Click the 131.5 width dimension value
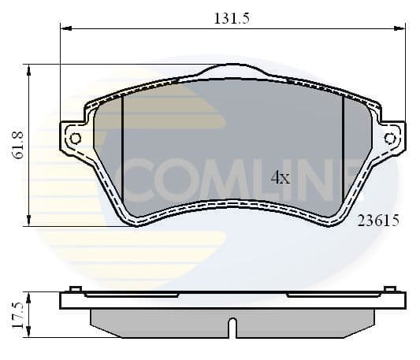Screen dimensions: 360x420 pos(232,20)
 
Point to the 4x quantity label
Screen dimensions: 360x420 pos(281,178)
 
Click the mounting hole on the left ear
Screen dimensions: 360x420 pos(76,139)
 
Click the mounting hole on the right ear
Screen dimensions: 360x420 pos(389,139)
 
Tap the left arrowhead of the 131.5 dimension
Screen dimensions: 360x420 pos(65,29)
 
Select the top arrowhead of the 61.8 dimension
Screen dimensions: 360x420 pos(29,69)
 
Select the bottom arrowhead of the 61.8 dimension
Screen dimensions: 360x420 pos(29,222)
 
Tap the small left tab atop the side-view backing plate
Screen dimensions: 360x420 pos(75,288)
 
